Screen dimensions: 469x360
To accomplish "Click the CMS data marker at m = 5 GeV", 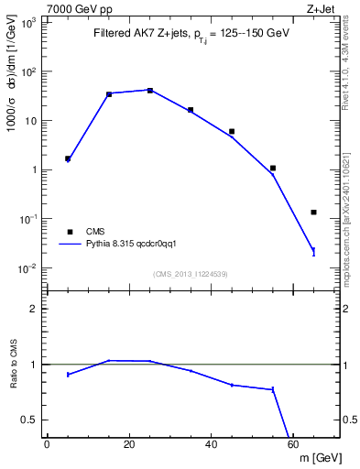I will (68, 158).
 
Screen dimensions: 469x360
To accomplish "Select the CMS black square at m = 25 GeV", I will (150, 90).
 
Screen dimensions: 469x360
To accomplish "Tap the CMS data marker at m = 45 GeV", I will (232, 131).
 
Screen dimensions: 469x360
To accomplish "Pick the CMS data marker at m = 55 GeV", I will (273, 168).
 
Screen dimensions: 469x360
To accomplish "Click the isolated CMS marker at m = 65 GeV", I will (313, 212).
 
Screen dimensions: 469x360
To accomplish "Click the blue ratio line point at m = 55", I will (273, 389).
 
